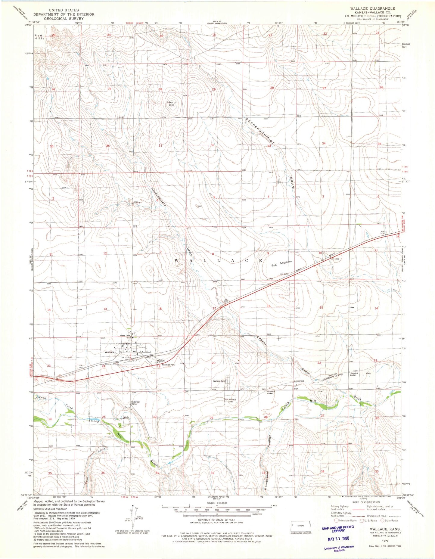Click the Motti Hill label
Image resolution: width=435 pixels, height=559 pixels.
pyautogui.click(x=171, y=104)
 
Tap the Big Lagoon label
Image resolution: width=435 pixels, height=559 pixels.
pyautogui.click(x=281, y=264)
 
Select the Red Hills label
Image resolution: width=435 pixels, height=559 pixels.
pyautogui.click(x=39, y=37)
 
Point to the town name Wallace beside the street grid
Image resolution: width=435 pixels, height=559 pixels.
pyautogui.click(x=109, y=352)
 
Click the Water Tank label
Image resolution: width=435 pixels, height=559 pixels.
pyautogui.click(x=125, y=336)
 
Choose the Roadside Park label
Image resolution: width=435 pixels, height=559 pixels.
pyautogui.click(x=168, y=365)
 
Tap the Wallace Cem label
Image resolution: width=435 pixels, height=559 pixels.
pyautogui.click(x=219, y=381)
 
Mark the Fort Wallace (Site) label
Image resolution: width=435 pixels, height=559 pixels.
pyautogui.click(x=230, y=400)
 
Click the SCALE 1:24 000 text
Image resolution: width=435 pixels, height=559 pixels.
pyautogui.click(x=216, y=503)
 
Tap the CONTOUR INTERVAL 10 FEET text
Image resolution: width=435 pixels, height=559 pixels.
pyautogui.click(x=216, y=520)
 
